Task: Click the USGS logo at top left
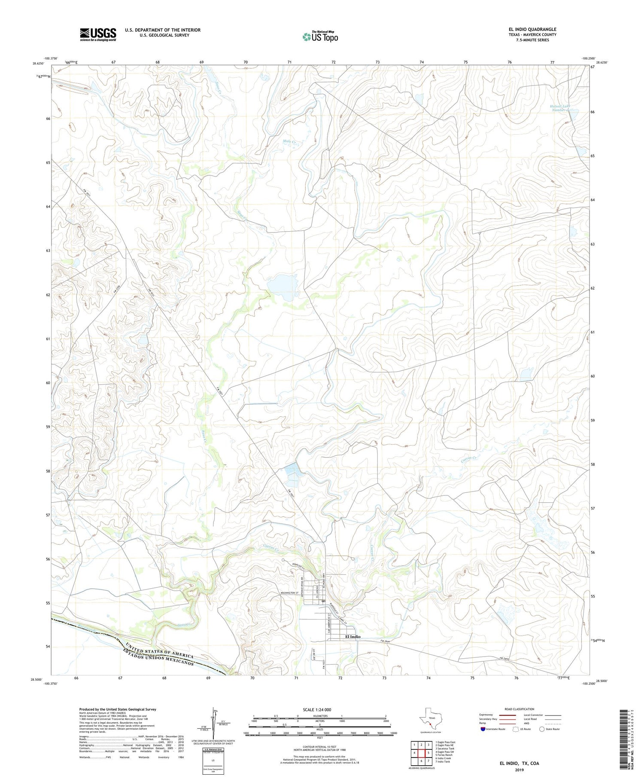97,34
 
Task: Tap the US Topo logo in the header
320,37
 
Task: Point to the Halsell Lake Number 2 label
562,108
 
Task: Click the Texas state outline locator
430,717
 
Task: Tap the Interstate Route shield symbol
483,729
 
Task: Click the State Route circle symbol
542,729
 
